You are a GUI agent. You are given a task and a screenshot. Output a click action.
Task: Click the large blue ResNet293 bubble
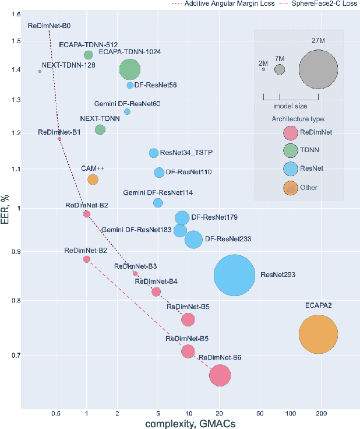234,276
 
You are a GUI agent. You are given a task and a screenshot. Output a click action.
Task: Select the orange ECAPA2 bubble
318,334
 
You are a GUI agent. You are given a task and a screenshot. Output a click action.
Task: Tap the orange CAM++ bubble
93,180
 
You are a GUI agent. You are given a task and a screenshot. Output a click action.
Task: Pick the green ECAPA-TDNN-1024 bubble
130,70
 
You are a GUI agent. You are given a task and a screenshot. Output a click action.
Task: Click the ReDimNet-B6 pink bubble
220,375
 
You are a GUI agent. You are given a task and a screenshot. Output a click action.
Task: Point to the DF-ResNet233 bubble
193,239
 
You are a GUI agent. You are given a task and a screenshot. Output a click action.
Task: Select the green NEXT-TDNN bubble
100,129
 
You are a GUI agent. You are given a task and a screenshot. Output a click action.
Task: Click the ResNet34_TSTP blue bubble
154,153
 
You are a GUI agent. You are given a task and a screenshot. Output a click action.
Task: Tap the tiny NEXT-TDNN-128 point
40,71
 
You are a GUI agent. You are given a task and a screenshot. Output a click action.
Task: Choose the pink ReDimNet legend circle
291,132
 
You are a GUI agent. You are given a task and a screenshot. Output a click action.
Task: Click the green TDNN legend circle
291,150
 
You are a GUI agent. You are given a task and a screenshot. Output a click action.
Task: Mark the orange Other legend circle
291,188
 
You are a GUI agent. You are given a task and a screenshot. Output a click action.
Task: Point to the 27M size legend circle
318,69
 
